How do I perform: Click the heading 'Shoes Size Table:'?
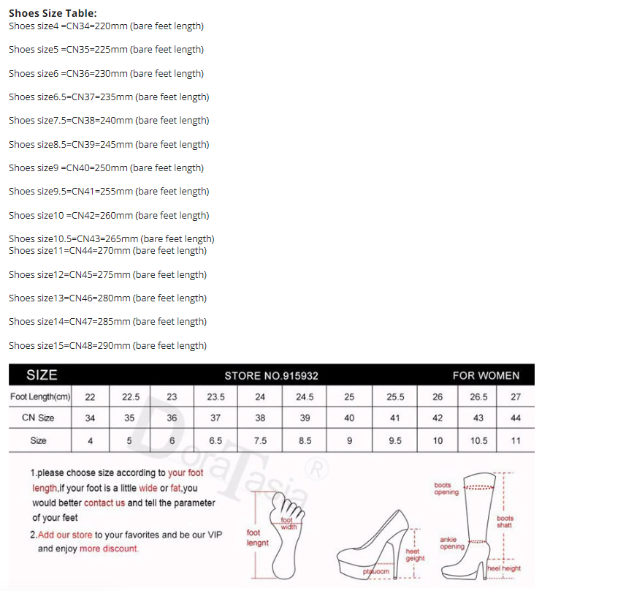53,13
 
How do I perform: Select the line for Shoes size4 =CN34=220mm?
106,26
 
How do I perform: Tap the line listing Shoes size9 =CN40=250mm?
106,168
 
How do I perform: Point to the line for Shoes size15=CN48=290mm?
107,345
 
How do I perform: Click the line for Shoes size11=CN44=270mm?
107,251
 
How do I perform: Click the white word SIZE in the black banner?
42,375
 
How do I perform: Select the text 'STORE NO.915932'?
271,376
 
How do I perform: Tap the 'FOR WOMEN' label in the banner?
486,375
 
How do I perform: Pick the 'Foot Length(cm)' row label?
40,397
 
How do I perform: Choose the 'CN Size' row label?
38,418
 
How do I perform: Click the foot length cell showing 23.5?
215,397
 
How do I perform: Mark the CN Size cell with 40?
349,418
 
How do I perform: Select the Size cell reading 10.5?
478,441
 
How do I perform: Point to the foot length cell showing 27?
516,397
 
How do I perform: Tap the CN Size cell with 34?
90,418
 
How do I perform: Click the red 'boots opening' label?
446,489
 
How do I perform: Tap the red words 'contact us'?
104,503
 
